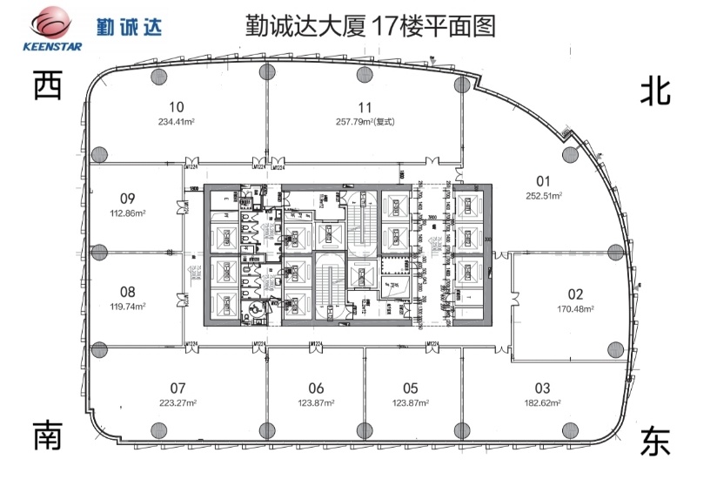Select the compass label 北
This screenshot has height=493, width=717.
coord(655,90)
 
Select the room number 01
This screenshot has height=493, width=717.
coord(544,181)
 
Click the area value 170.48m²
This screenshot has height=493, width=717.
coord(576,308)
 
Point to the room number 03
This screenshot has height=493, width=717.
coord(543,388)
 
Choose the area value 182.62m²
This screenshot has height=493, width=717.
coord(542,403)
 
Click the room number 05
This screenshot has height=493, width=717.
coord(412,388)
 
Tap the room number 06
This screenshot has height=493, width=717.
coord(316,388)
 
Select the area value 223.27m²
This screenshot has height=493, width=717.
coord(178,402)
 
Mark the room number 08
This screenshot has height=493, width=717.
coord(128,292)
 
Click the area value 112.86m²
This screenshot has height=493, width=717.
coord(127,212)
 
